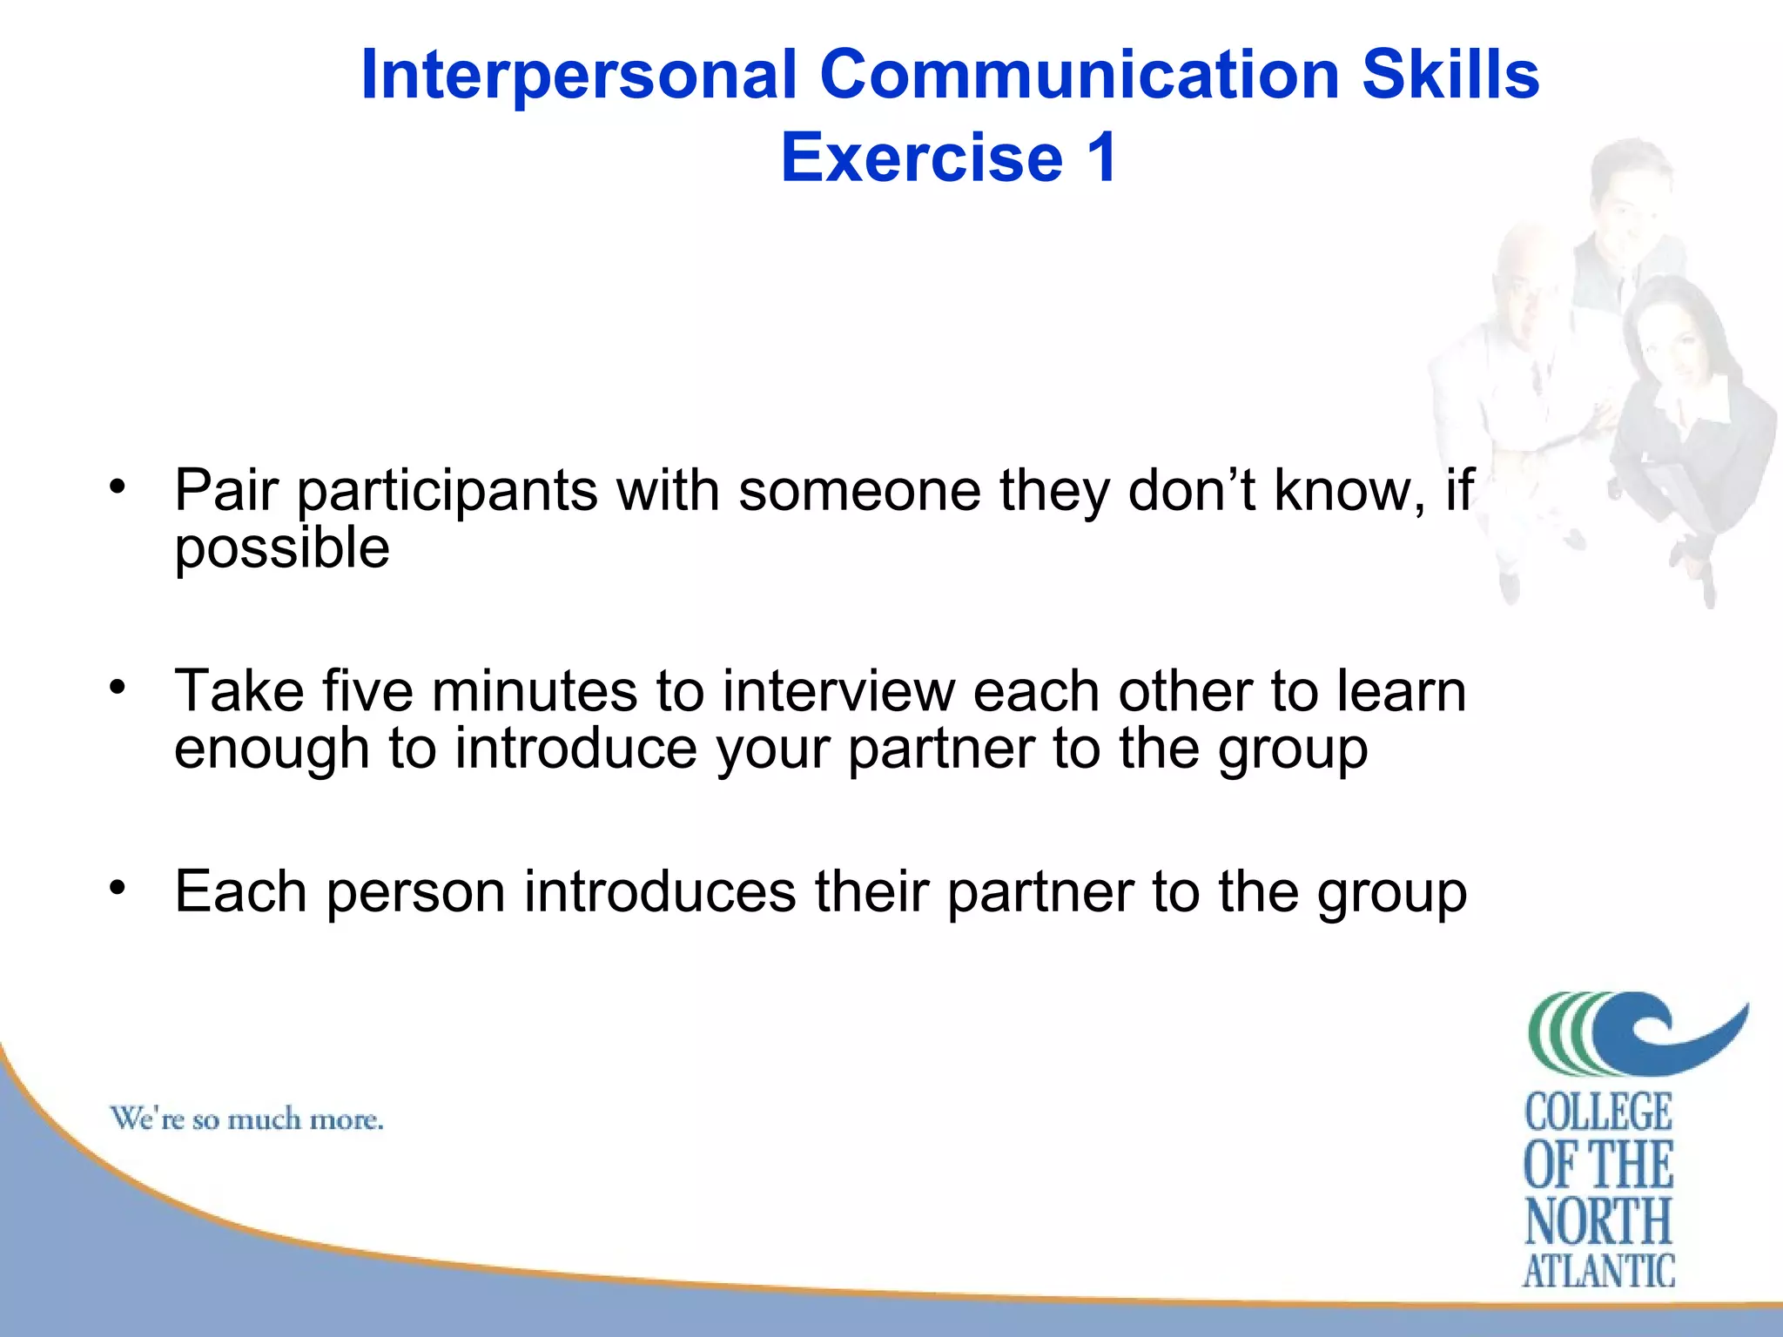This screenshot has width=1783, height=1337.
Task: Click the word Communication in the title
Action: [1079, 75]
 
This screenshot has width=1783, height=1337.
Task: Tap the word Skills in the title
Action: [1450, 75]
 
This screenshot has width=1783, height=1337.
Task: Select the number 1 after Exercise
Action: [1100, 158]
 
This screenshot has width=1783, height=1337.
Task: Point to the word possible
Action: [281, 548]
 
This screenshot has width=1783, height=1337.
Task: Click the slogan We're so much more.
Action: [246, 1119]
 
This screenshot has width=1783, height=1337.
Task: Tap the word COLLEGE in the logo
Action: [1598, 1112]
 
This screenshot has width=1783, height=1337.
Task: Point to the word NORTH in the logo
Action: [1598, 1220]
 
